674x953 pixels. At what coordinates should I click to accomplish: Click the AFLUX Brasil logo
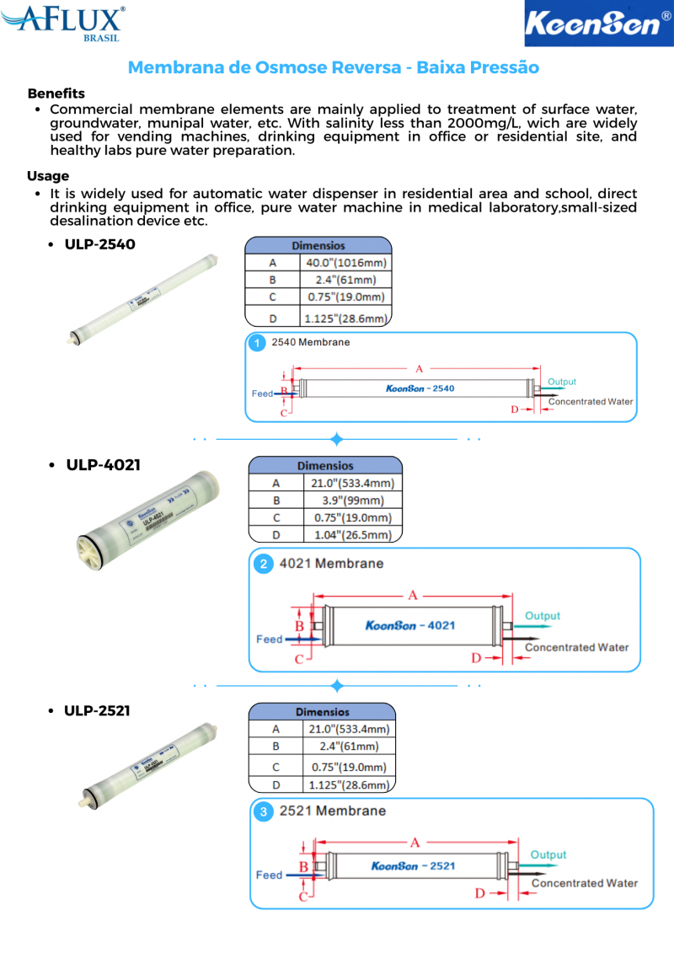pyautogui.click(x=63, y=21)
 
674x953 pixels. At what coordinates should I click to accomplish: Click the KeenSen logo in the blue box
pyautogui.click(x=598, y=23)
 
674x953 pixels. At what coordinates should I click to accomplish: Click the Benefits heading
pyautogui.click(x=56, y=94)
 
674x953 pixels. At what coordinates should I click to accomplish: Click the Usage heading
pyautogui.click(x=48, y=176)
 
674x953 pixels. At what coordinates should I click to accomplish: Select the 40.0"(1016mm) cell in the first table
pyautogui.click(x=346, y=263)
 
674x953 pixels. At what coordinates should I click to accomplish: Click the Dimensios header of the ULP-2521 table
pyautogui.click(x=322, y=712)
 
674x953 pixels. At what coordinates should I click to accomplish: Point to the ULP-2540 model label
pyautogui.click(x=99, y=244)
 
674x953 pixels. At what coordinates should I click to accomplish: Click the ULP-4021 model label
pyautogui.click(x=103, y=465)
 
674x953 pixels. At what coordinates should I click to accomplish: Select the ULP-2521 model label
pyautogui.click(x=97, y=710)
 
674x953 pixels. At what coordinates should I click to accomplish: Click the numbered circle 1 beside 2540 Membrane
pyautogui.click(x=258, y=343)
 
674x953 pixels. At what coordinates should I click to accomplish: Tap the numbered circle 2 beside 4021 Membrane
pyautogui.click(x=264, y=564)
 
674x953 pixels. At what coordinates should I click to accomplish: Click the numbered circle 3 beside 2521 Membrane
pyautogui.click(x=265, y=811)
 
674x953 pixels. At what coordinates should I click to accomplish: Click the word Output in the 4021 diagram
pyautogui.click(x=543, y=616)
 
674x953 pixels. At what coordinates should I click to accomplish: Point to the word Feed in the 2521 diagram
pyautogui.click(x=269, y=875)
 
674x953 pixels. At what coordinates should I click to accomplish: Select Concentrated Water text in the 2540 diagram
pyautogui.click(x=591, y=402)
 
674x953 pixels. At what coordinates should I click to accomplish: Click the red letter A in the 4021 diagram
pyautogui.click(x=413, y=596)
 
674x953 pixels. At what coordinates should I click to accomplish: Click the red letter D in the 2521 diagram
pyautogui.click(x=480, y=893)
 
